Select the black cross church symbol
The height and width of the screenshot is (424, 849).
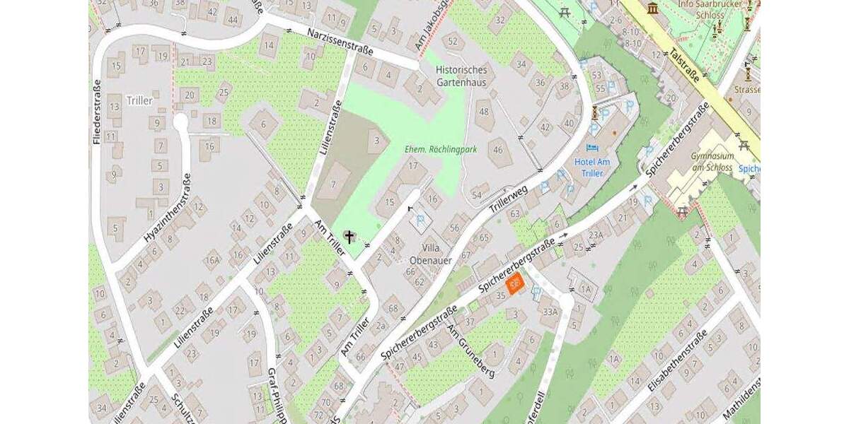pyautogui.click(x=349, y=236)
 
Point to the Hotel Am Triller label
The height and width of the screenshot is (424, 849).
pyautogui.click(x=594, y=167)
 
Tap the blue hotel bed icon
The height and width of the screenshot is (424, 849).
pyautogui.click(x=592, y=147)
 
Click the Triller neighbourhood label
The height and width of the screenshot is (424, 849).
pyautogui.click(x=139, y=100)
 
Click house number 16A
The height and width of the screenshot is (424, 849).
pyautogui.click(x=212, y=261)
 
